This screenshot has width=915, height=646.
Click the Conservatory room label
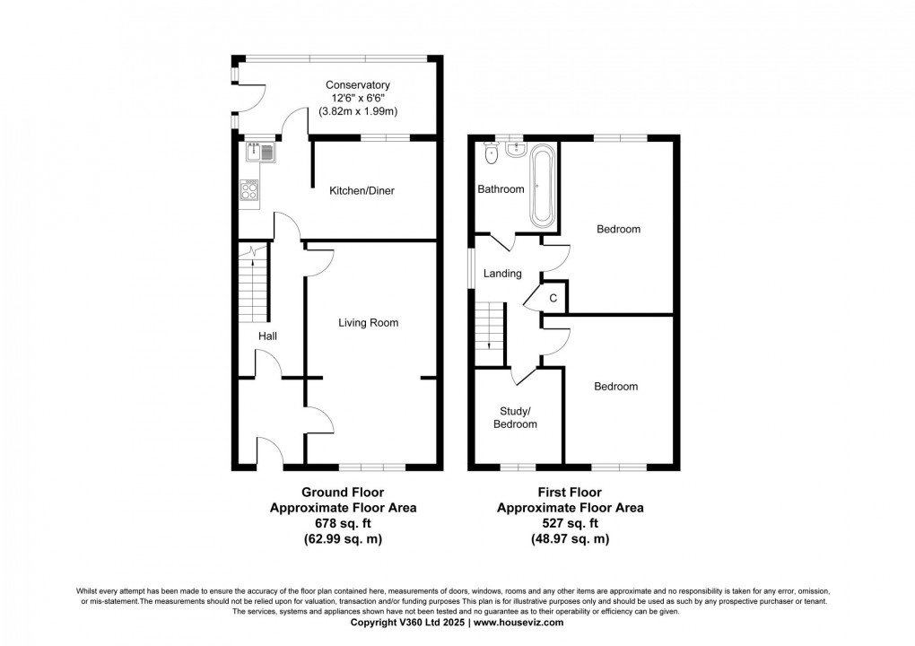(x=357, y=85)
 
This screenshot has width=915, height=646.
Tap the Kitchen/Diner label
(x=362, y=191)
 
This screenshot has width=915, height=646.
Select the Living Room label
(x=368, y=323)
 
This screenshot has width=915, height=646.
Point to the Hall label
(x=267, y=336)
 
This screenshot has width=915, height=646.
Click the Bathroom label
(x=501, y=189)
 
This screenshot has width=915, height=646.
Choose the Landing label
(x=502, y=273)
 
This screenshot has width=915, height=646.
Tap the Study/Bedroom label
(x=515, y=417)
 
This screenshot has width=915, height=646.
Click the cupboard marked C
(x=553, y=298)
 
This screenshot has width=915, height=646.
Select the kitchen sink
(x=261, y=153)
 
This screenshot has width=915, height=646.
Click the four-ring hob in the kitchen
(x=249, y=190)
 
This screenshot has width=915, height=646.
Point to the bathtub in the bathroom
(x=542, y=185)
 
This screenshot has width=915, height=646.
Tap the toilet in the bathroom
(x=492, y=154)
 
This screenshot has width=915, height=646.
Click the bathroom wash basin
(x=516, y=150)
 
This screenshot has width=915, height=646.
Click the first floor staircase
(x=489, y=327)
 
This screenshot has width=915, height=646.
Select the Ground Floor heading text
(x=343, y=493)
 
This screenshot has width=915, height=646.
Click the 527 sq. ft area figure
(x=571, y=523)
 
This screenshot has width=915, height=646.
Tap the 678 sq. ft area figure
(x=343, y=523)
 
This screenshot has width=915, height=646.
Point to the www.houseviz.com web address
(x=518, y=623)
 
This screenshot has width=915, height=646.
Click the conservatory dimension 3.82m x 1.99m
(x=358, y=111)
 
